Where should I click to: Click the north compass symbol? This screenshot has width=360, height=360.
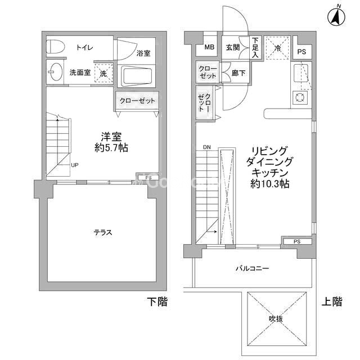[336, 16]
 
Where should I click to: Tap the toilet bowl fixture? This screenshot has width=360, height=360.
[56, 47]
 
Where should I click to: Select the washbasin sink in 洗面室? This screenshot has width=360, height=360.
[56, 72]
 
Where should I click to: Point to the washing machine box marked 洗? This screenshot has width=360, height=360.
[103, 73]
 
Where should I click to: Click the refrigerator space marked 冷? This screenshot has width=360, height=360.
[277, 48]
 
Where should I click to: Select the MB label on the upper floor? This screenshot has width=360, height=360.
[209, 47]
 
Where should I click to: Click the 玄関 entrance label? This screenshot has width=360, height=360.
[233, 47]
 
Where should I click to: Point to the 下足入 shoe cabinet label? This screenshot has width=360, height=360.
[255, 47]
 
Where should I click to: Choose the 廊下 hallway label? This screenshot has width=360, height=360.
[238, 73]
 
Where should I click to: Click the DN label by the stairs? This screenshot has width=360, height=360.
[207, 147]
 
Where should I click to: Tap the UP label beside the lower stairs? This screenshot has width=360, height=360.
[75, 165]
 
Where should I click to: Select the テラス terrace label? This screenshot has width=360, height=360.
[103, 232]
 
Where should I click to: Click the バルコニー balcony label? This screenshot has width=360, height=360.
[253, 268]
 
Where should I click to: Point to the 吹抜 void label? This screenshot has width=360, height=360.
[276, 319]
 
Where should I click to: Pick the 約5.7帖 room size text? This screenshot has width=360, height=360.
[111, 148]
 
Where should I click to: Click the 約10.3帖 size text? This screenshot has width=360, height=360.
[270, 184]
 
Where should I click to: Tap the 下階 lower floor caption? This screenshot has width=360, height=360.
[157, 301]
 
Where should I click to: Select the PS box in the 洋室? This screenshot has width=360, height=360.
[148, 178]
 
